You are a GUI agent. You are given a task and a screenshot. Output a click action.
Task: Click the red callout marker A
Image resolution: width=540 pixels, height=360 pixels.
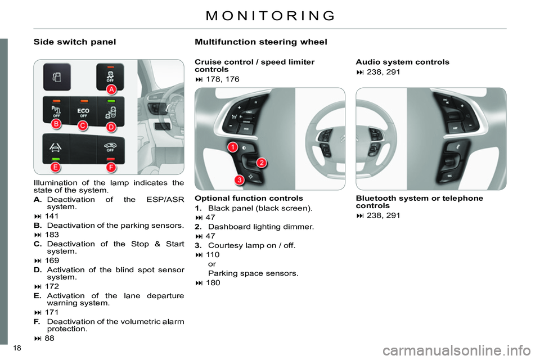[x=111, y=89]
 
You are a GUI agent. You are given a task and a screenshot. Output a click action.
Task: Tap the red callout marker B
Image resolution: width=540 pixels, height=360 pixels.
[x=56, y=124]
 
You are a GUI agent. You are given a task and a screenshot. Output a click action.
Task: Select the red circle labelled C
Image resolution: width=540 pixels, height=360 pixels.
[x=83, y=126]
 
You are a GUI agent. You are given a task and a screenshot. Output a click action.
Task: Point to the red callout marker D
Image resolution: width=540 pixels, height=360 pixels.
[x=111, y=127]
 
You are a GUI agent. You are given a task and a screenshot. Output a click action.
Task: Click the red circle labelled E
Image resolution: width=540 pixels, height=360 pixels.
[x=55, y=168]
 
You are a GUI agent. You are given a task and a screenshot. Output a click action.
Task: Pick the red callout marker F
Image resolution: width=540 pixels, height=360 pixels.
[x=111, y=168]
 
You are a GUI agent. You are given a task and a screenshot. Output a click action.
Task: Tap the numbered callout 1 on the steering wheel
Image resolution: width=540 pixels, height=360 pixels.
[x=233, y=147]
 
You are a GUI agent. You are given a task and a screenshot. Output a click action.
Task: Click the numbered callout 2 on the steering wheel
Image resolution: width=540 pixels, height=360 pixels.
[x=262, y=163]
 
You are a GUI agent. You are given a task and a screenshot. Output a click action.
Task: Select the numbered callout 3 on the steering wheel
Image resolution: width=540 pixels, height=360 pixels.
[x=240, y=179]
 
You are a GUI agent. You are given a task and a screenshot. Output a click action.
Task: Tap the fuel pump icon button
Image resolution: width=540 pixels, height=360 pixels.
[x=57, y=77]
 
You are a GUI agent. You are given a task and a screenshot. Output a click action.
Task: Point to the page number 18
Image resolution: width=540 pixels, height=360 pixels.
[x=17, y=348]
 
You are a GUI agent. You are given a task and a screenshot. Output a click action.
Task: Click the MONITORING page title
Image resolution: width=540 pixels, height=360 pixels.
[x=271, y=16]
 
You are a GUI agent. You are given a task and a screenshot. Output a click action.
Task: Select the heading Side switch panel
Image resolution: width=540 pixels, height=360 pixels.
[x=75, y=42]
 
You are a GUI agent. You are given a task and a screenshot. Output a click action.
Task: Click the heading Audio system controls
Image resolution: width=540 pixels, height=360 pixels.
[x=403, y=62]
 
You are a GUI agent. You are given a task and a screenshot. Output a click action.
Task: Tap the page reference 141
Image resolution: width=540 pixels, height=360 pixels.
[x=52, y=216]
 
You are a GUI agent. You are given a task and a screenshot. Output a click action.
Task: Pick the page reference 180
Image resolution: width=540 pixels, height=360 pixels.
[x=213, y=282]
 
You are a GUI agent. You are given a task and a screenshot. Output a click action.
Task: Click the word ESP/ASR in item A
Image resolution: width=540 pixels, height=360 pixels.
[x=165, y=200]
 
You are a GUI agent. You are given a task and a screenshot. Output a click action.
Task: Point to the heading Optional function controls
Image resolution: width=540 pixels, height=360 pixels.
[x=249, y=198]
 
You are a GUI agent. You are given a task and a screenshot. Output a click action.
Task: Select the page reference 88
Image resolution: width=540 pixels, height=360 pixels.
[x=49, y=338]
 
